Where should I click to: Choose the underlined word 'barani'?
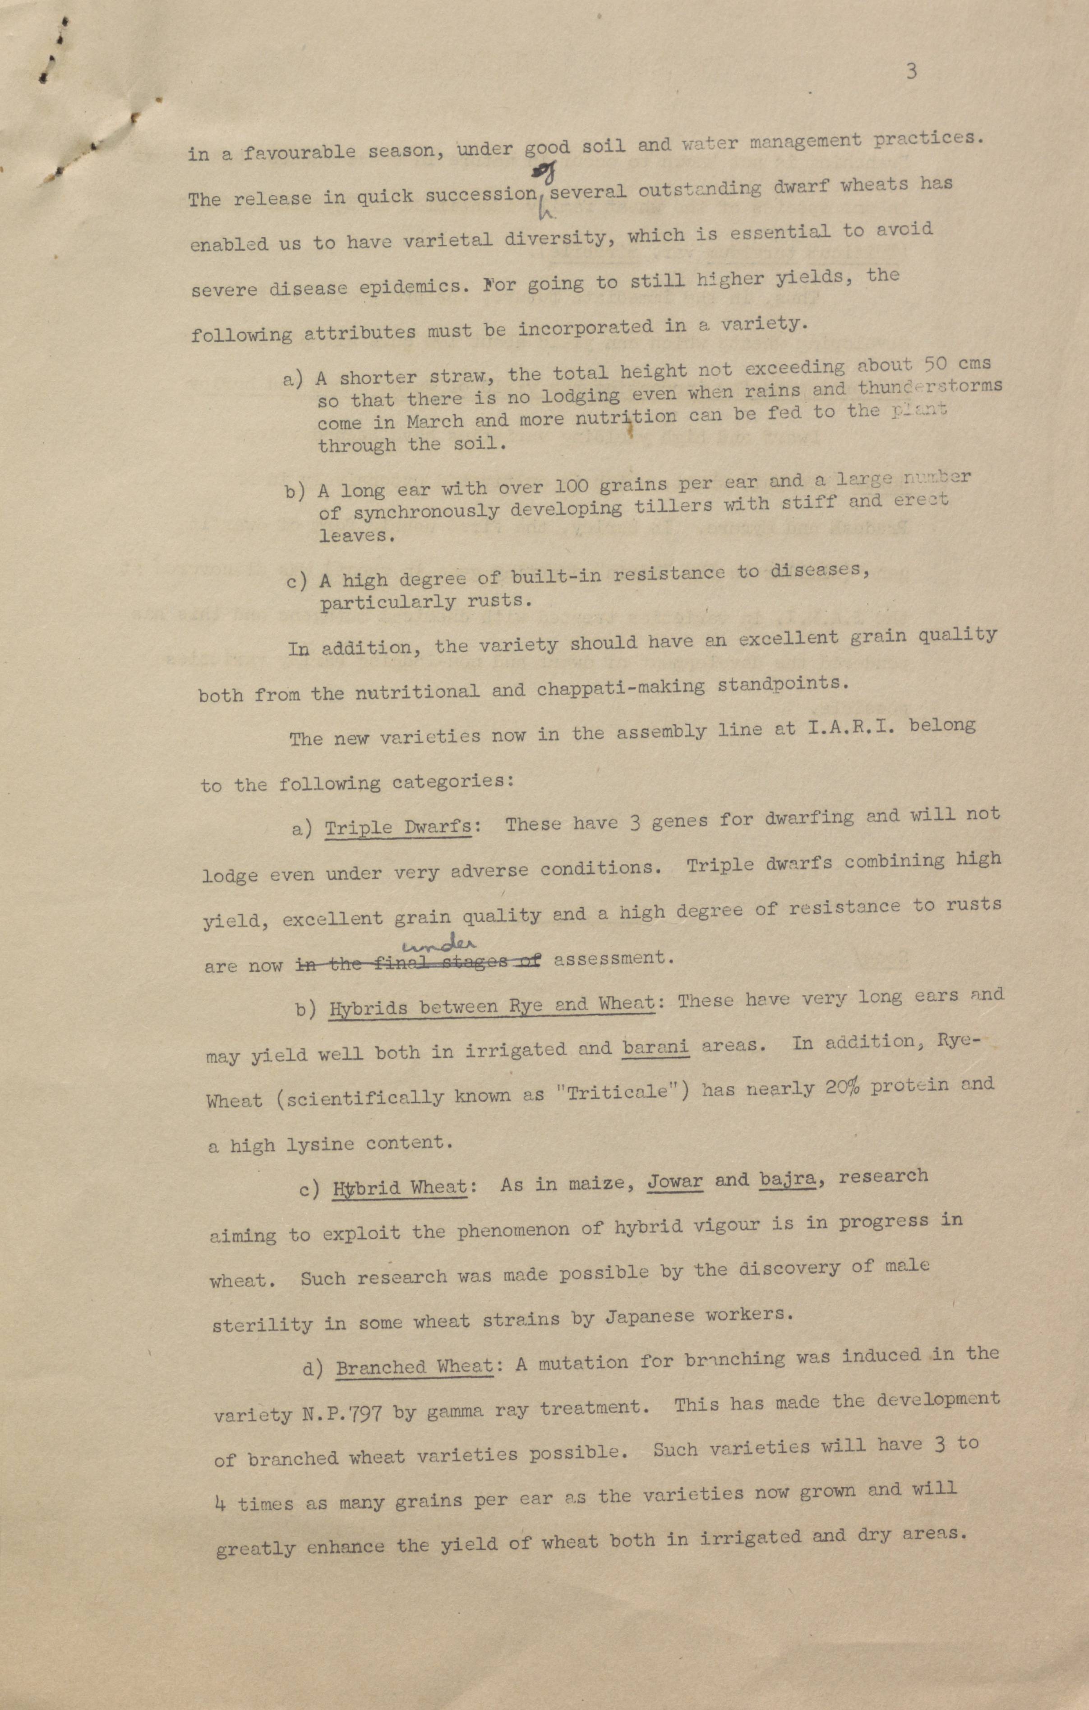tap(655, 1048)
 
